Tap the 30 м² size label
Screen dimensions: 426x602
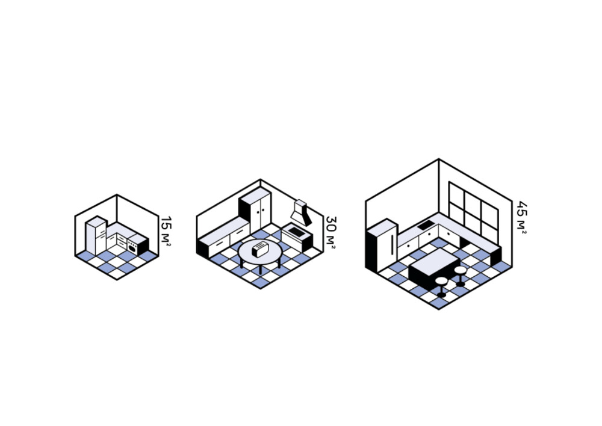point(330,230)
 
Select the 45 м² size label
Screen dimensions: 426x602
point(521,217)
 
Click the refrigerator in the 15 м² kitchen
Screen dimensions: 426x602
point(96,235)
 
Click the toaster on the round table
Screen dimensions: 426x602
point(260,248)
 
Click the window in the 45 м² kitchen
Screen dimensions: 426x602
point(473,211)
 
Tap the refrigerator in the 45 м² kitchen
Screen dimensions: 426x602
point(382,245)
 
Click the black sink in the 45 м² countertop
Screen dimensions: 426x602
point(426,225)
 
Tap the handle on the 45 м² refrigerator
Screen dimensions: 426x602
point(392,244)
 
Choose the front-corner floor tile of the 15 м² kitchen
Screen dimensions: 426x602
point(117,273)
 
